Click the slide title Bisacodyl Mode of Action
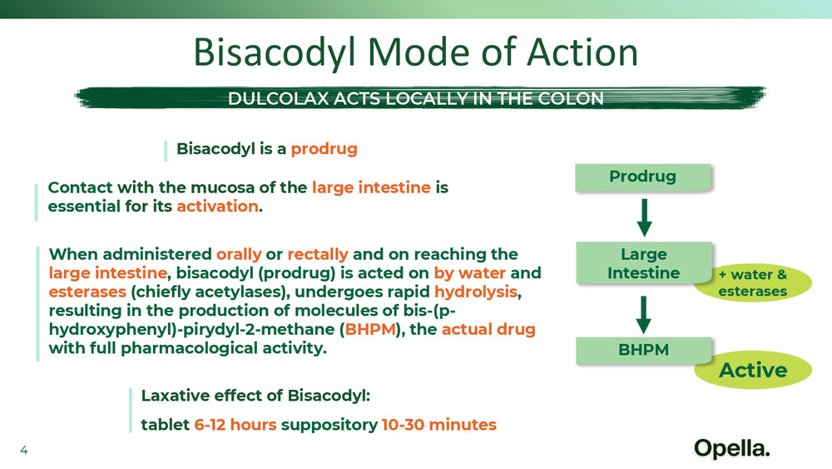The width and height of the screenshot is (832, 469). click(x=415, y=53)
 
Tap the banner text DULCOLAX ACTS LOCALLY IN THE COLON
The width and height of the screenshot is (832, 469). click(x=415, y=98)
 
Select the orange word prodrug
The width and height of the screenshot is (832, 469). click(x=324, y=149)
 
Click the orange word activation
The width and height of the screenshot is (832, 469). click(x=217, y=206)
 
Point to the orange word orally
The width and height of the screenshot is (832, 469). click(x=239, y=254)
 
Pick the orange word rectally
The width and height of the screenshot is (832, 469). click(x=318, y=254)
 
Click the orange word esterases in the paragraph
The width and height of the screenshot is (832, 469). click(x=87, y=292)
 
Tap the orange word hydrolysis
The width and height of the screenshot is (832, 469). click(x=476, y=292)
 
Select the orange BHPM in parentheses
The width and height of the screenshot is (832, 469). click(x=370, y=329)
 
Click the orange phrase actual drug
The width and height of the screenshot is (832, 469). click(x=488, y=329)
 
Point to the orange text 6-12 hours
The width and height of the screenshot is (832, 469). click(x=235, y=425)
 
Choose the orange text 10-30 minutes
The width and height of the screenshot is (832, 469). click(x=438, y=425)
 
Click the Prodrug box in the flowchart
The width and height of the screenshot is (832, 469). click(x=642, y=177)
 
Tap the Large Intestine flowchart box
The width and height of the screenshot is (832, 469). click(x=644, y=263)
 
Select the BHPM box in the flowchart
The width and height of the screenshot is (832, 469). click(x=644, y=351)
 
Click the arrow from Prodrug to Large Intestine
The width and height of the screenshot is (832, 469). click(x=644, y=217)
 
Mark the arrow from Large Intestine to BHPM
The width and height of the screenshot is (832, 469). click(x=644, y=315)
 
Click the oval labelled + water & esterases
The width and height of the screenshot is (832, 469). click(x=753, y=283)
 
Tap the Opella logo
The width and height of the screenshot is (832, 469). click(x=731, y=449)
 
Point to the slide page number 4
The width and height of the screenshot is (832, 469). click(x=24, y=451)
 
